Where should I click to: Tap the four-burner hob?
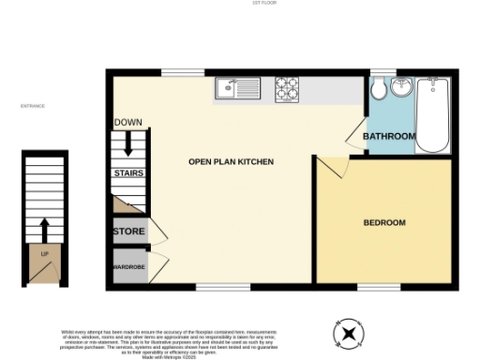[x=286, y=89]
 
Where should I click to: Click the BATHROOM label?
[x=389, y=137]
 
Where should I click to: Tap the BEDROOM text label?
[x=384, y=222]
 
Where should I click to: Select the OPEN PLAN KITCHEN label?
[x=231, y=162]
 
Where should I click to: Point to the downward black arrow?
[x=127, y=144]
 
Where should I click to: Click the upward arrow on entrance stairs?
[x=43, y=229]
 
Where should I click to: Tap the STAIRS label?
[x=127, y=173]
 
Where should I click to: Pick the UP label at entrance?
[x=43, y=253]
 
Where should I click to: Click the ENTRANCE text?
[x=33, y=106]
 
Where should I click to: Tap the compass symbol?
[x=350, y=332]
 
